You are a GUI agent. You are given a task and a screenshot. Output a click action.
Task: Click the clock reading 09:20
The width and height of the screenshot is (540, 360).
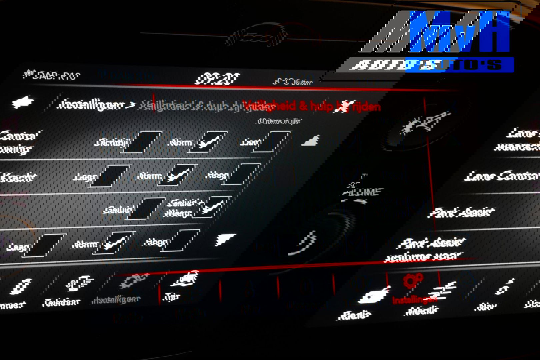point(217,79)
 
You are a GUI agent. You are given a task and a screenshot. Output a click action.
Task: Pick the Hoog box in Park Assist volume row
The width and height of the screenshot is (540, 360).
point(181,240)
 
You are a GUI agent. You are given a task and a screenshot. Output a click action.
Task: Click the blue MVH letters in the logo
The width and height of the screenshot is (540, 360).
point(460,32)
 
